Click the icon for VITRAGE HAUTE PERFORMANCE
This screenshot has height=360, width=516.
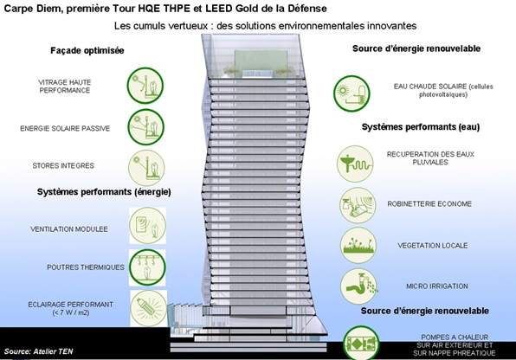pyautogui.click(x=145, y=86)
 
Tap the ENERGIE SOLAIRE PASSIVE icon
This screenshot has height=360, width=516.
pyautogui.click(x=145, y=127)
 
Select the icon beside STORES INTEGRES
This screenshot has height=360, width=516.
pyautogui.click(x=146, y=168)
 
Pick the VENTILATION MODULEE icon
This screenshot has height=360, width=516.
pyautogui.click(x=147, y=225)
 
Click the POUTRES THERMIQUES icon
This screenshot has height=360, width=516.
pyautogui.click(x=147, y=267)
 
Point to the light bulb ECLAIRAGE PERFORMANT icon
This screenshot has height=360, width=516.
pyautogui.click(x=149, y=308)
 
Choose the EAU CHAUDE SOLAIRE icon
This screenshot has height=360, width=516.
pyautogui.click(x=352, y=93)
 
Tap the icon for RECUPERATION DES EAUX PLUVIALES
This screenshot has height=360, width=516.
pyautogui.click(x=355, y=164)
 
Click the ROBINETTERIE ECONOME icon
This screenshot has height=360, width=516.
pyautogui.click(x=358, y=205)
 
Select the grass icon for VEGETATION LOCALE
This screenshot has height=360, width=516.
pyautogui.click(x=358, y=245)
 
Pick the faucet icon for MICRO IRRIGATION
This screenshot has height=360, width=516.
pyautogui.click(x=358, y=286)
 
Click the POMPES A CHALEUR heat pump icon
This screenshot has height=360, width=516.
pyautogui.click(x=361, y=343)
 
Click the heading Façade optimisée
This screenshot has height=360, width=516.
pyautogui.click(x=87, y=50)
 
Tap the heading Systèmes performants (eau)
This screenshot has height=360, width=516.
pyautogui.click(x=421, y=127)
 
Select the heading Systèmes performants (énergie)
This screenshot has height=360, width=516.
pyautogui.click(x=104, y=192)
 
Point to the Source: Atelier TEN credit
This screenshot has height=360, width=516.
pyautogui.click(x=38, y=351)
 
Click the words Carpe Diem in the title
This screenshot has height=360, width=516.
pyautogui.click(x=32, y=9)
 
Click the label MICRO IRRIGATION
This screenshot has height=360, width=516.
pyautogui.click(x=437, y=286)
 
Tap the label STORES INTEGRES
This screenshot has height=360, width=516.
pyautogui.click(x=63, y=165)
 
